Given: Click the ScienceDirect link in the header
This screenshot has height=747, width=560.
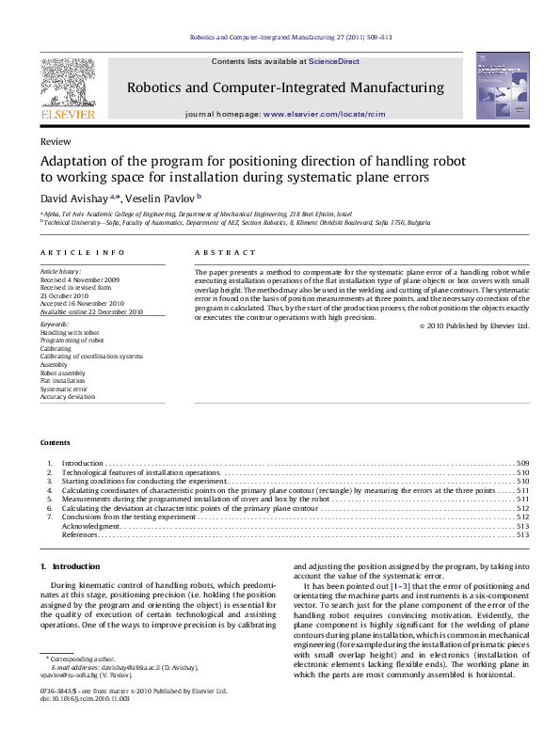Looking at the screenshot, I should click(x=335, y=61).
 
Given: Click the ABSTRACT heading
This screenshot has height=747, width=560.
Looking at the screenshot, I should click(x=225, y=253).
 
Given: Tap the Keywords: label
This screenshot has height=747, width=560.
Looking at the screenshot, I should click(x=55, y=326).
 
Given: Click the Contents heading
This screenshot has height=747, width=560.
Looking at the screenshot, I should click(x=55, y=443).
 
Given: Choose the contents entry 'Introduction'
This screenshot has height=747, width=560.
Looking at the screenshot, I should click(x=83, y=464).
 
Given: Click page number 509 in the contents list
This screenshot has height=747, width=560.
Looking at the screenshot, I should click(x=523, y=464).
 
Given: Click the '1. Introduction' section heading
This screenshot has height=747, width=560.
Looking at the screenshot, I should click(x=70, y=566).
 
